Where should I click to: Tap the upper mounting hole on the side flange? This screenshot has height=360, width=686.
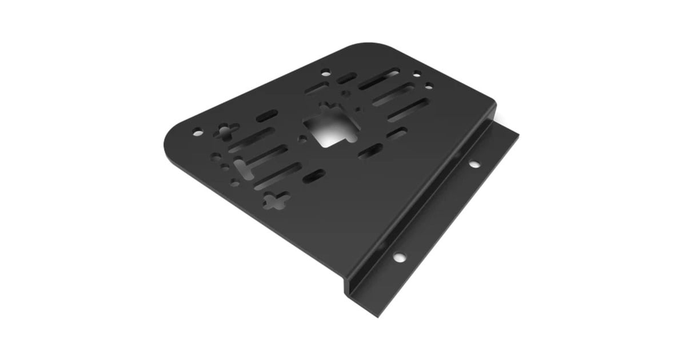click(474, 165)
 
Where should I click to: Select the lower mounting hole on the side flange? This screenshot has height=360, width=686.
click(398, 257)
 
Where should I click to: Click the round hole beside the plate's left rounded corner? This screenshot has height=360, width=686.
click(197, 132)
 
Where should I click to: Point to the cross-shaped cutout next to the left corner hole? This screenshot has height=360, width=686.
click(226, 133)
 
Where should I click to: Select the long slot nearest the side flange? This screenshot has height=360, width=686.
click(408, 110)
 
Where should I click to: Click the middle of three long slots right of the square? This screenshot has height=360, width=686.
click(393, 94)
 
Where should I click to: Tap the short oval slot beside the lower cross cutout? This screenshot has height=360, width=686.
click(314, 176)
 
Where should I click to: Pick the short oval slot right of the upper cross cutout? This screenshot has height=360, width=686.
click(267, 116)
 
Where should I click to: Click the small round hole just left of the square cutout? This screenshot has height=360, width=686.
click(299, 138)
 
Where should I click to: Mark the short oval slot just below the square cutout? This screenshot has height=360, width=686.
click(373, 150)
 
